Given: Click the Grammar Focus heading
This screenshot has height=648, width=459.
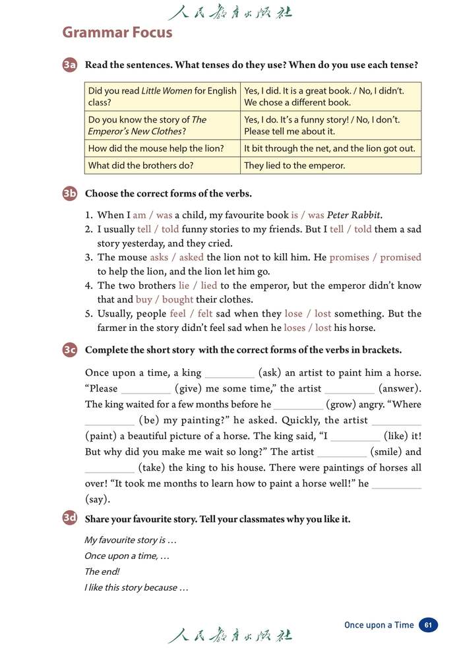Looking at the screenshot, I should point(117,32).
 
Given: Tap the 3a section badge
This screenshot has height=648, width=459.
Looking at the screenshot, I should point(70,65).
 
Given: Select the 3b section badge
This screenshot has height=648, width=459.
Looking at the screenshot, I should point(70,194).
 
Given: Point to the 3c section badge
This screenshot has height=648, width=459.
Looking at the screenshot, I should point(70,351).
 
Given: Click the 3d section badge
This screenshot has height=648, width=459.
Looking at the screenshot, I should point(70,519).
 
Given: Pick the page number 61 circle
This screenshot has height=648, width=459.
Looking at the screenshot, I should point(429,625).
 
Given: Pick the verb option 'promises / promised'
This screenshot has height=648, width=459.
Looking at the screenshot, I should point(375,257).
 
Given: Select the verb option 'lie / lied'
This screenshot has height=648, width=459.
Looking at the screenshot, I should point(198,285).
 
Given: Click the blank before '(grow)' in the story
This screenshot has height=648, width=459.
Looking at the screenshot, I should point(298,405).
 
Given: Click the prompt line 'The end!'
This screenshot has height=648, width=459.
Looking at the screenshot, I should point(102,572).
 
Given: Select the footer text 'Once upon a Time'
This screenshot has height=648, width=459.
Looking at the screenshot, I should point(379,625).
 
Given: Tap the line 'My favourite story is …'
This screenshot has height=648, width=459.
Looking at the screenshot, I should point(131,540).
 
